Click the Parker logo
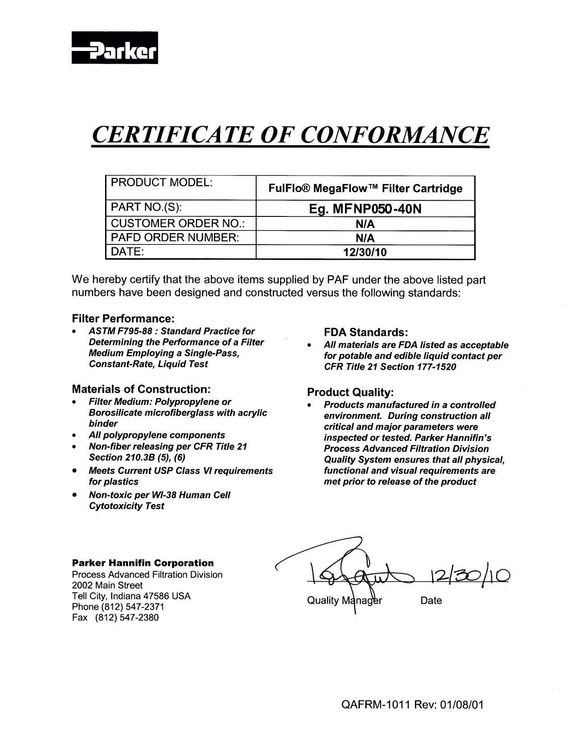click(x=115, y=47)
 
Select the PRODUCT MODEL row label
click(x=161, y=183)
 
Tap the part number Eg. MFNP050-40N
click(x=365, y=209)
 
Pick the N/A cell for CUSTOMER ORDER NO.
click(x=365, y=224)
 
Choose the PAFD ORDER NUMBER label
click(x=175, y=238)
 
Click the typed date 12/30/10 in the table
click(x=365, y=253)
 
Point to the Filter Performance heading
click(x=123, y=319)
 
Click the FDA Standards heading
click(x=366, y=333)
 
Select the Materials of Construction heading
click(x=141, y=389)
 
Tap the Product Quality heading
click(x=350, y=392)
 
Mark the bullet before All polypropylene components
click(x=74, y=436)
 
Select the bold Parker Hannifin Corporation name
click(x=143, y=563)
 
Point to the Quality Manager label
click(x=344, y=601)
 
